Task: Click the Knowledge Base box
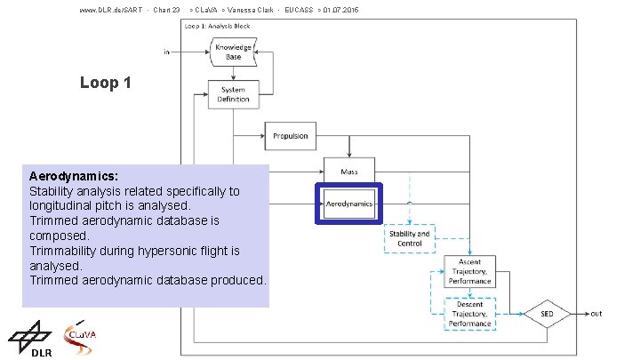233,51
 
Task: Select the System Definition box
233,94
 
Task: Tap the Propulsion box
290,136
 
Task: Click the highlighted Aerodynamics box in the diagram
348,204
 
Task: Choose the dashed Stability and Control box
410,238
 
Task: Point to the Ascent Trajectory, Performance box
469,271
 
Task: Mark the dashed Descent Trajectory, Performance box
469,314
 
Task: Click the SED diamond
547,314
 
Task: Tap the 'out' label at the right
596,313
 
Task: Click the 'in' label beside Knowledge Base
166,52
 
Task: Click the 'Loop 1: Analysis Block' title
218,26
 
